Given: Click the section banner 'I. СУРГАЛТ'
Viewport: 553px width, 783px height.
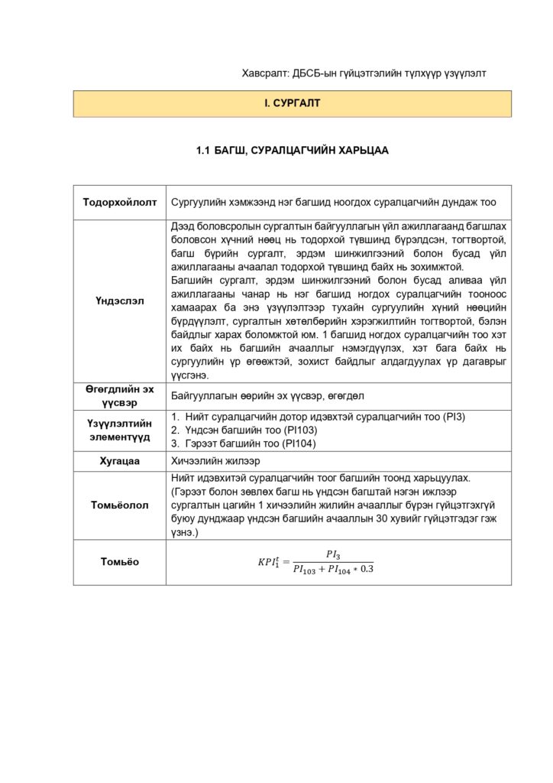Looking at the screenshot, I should (x=293, y=103).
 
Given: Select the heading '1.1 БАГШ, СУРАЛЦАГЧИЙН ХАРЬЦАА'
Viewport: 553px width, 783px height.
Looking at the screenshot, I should (x=293, y=151).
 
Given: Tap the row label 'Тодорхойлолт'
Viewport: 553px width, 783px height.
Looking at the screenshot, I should (x=120, y=203).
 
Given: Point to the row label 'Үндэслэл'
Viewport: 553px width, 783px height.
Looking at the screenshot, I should (x=120, y=301).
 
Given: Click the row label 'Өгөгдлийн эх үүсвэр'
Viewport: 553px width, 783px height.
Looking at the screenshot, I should (x=120, y=395).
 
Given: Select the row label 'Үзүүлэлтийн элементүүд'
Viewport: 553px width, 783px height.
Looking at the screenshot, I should (x=120, y=430).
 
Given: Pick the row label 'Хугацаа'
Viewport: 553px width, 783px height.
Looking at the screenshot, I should (x=120, y=461).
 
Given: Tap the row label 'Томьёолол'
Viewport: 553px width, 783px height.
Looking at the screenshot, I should (x=120, y=505).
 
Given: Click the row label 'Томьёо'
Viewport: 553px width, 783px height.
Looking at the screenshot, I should (x=120, y=562).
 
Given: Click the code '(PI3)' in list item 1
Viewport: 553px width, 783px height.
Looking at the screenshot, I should (x=451, y=417).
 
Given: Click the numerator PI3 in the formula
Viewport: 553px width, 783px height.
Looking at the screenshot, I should (x=332, y=554).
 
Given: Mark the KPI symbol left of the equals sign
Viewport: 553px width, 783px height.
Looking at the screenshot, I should (x=269, y=562).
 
